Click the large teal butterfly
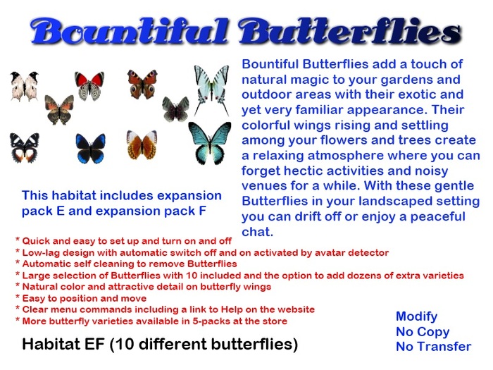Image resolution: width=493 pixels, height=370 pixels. pos(209,141)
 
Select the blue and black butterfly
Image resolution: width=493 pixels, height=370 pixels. pos(91,149)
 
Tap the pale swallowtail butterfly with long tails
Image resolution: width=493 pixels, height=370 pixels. pos(211,89)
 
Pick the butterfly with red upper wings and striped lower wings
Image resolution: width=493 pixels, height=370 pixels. pos(89,86)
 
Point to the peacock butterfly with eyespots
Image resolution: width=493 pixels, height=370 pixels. pos(142,84)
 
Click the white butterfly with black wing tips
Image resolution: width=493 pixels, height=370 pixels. pos(24,86)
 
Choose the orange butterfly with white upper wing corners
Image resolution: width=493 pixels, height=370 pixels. pos(142,144)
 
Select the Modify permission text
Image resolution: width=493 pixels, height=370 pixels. pos(416,316)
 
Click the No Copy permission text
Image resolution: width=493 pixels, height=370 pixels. pos(423,331)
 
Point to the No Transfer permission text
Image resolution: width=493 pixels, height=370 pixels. pos(433,346)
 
